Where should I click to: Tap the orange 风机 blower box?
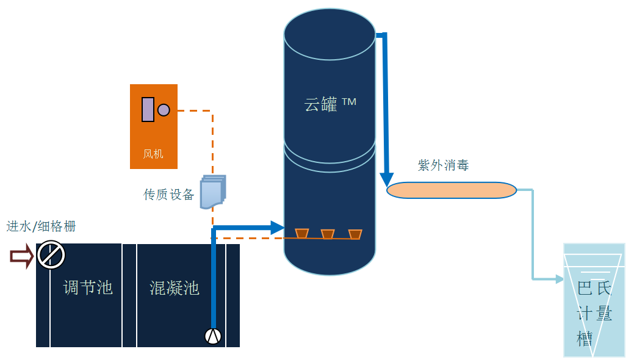pos(154,126)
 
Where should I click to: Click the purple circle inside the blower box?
pos(164,110)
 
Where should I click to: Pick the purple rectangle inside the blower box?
pos(148,109)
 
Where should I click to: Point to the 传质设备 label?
pos(168,195)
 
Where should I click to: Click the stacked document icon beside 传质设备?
pos(212,192)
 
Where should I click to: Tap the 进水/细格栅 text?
pos(41,226)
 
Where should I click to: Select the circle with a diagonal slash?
pos(51,255)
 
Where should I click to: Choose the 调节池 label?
pos(88,287)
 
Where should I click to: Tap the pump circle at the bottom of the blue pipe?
pos(213,336)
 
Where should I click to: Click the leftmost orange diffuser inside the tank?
pos(301,233)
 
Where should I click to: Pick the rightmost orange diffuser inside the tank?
pos(355,234)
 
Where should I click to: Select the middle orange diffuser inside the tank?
pos(328,234)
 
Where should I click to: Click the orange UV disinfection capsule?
pos(452,190)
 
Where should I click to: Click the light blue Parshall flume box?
pos(594,300)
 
